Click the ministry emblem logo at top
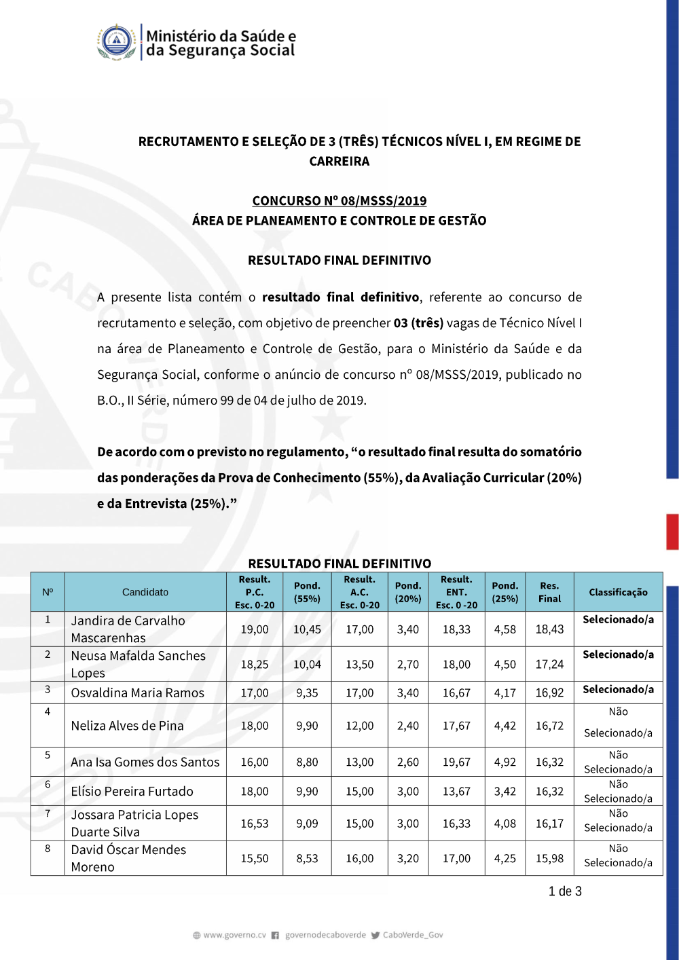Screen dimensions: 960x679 [x=117, y=42]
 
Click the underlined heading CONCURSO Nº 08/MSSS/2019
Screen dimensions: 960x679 [x=339, y=201]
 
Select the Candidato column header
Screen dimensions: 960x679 [x=145, y=592]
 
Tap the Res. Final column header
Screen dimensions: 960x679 [x=549, y=592]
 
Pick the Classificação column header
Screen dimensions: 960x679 [x=618, y=592]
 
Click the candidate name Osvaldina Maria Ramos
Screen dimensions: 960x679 [x=137, y=693]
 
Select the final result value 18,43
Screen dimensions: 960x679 [x=549, y=629]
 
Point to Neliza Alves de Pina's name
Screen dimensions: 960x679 [x=127, y=726]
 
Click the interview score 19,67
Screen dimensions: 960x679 [x=456, y=762]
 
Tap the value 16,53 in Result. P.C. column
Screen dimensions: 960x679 [x=255, y=824]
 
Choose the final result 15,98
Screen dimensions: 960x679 [x=549, y=858]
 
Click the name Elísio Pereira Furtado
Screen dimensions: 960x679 [x=132, y=792]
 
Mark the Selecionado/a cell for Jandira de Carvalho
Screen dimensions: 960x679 [x=618, y=620]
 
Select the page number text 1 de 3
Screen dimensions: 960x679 [x=565, y=891]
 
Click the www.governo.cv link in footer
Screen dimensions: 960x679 [x=234, y=935]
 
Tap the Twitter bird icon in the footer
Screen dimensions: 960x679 [x=375, y=935]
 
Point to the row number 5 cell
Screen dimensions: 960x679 [x=48, y=755]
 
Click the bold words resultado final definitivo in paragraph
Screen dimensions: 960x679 [x=340, y=297]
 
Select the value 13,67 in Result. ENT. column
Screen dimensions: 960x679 [x=456, y=792]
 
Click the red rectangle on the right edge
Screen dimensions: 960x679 [x=672, y=532]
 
